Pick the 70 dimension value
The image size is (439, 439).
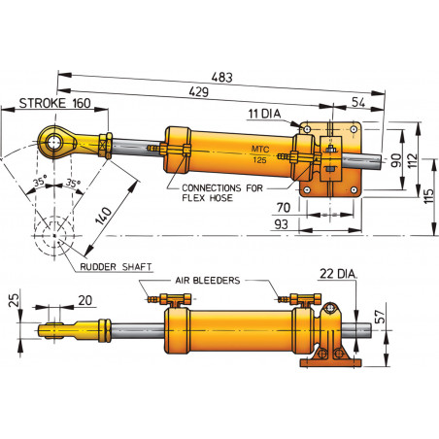click(283, 207)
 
